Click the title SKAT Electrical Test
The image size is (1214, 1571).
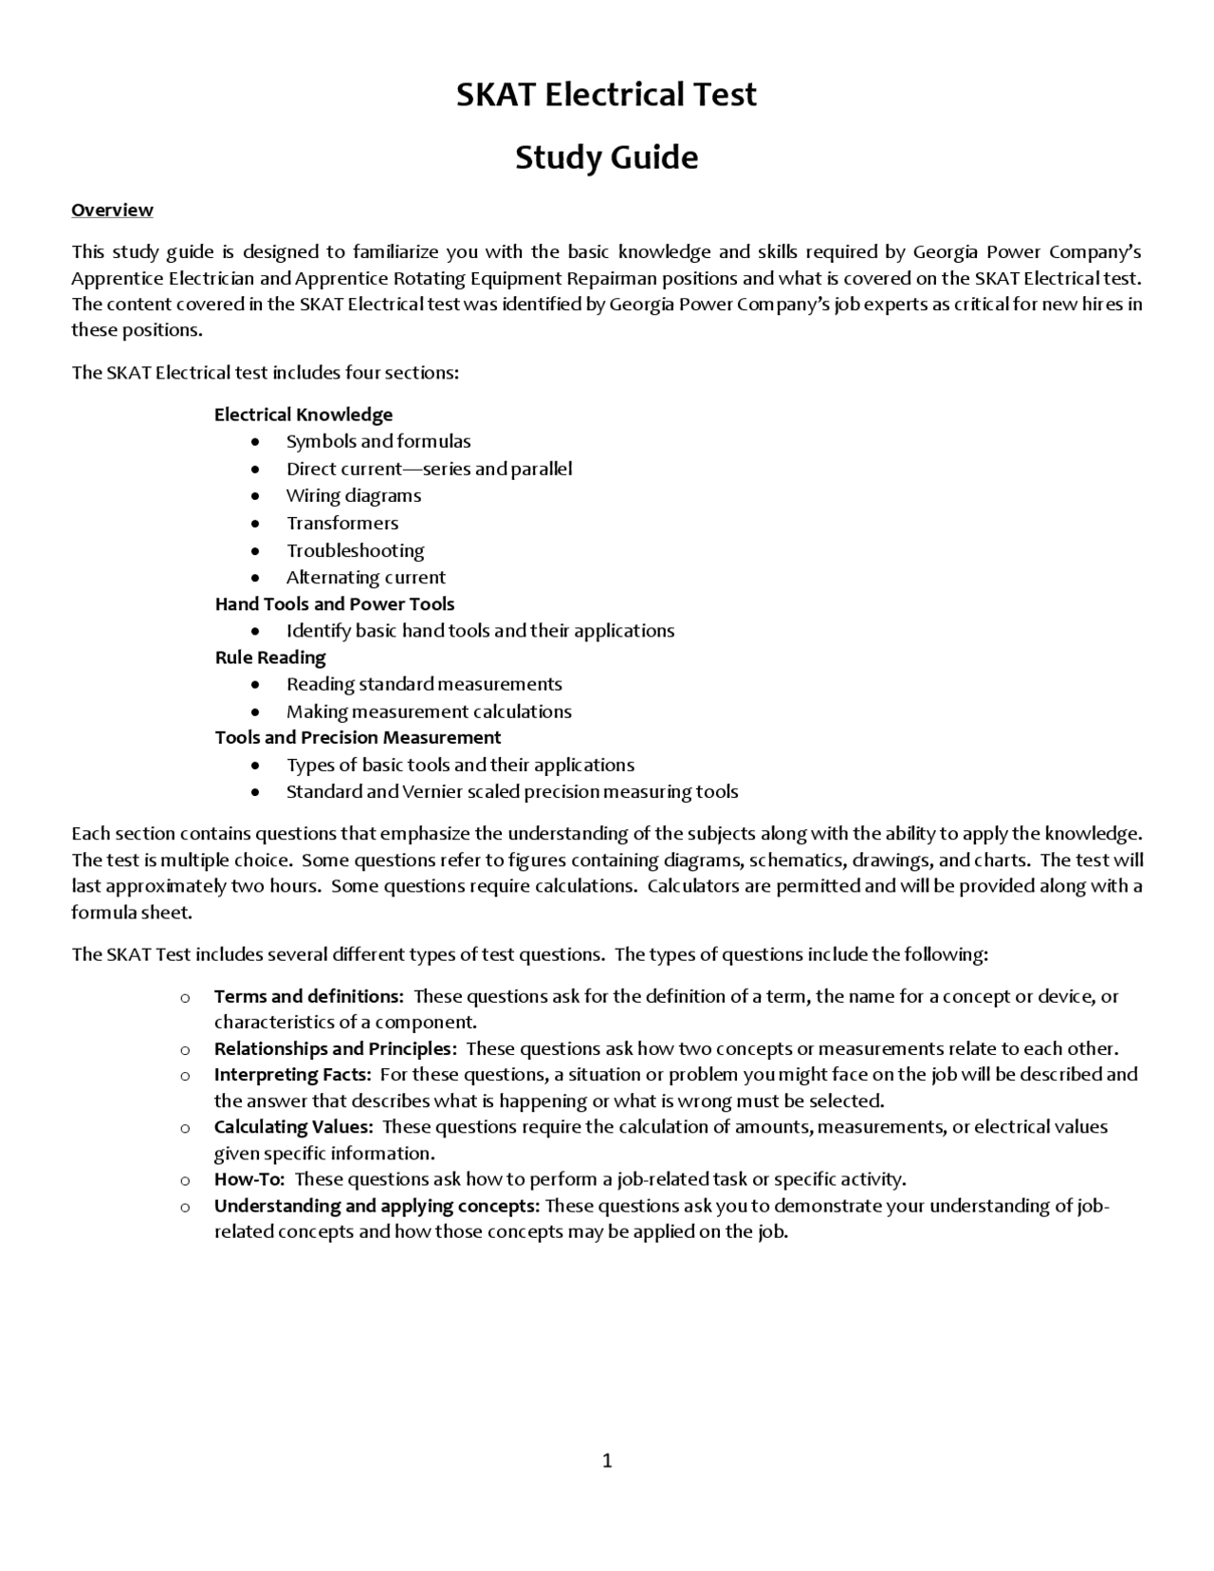point(606,95)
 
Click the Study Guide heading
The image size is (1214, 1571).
point(606,157)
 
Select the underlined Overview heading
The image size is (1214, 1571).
point(112,210)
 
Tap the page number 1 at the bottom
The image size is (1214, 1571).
point(607,1460)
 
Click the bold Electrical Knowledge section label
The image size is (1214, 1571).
point(303,415)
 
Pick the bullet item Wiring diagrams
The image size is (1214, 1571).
point(354,495)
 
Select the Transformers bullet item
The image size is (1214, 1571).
point(342,523)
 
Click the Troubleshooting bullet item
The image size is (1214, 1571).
point(355,550)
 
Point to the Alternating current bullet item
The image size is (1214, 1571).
point(365,577)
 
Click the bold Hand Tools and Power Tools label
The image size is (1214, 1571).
point(335,604)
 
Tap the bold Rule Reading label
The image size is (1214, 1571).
point(270,657)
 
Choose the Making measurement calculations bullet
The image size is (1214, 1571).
point(429,712)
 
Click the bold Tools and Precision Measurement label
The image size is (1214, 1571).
point(358,737)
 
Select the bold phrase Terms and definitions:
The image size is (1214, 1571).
point(309,996)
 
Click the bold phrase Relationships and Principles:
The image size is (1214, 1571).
point(336,1048)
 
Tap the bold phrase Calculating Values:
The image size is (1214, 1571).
point(294,1127)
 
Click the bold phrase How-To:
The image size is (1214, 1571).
point(250,1179)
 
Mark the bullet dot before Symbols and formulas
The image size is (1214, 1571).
point(255,442)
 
